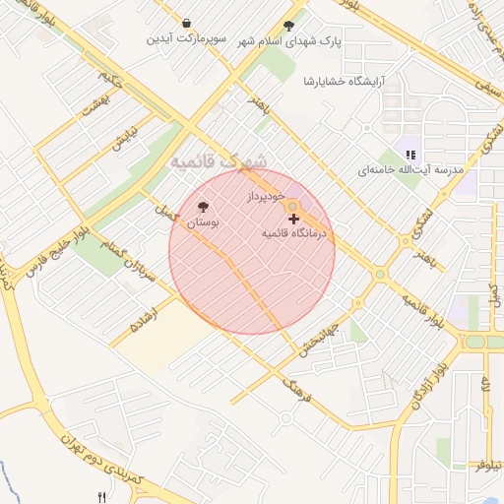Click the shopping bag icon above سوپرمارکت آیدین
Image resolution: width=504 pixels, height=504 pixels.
pos(187,23)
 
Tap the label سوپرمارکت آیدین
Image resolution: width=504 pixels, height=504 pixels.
pos(187,39)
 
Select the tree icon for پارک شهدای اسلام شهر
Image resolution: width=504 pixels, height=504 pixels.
pos(288,26)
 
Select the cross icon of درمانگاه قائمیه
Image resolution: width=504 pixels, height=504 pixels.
pos(294,217)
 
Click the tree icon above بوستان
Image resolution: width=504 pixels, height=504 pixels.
pos(203,207)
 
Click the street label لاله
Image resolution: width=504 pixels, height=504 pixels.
pos(485,387)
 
